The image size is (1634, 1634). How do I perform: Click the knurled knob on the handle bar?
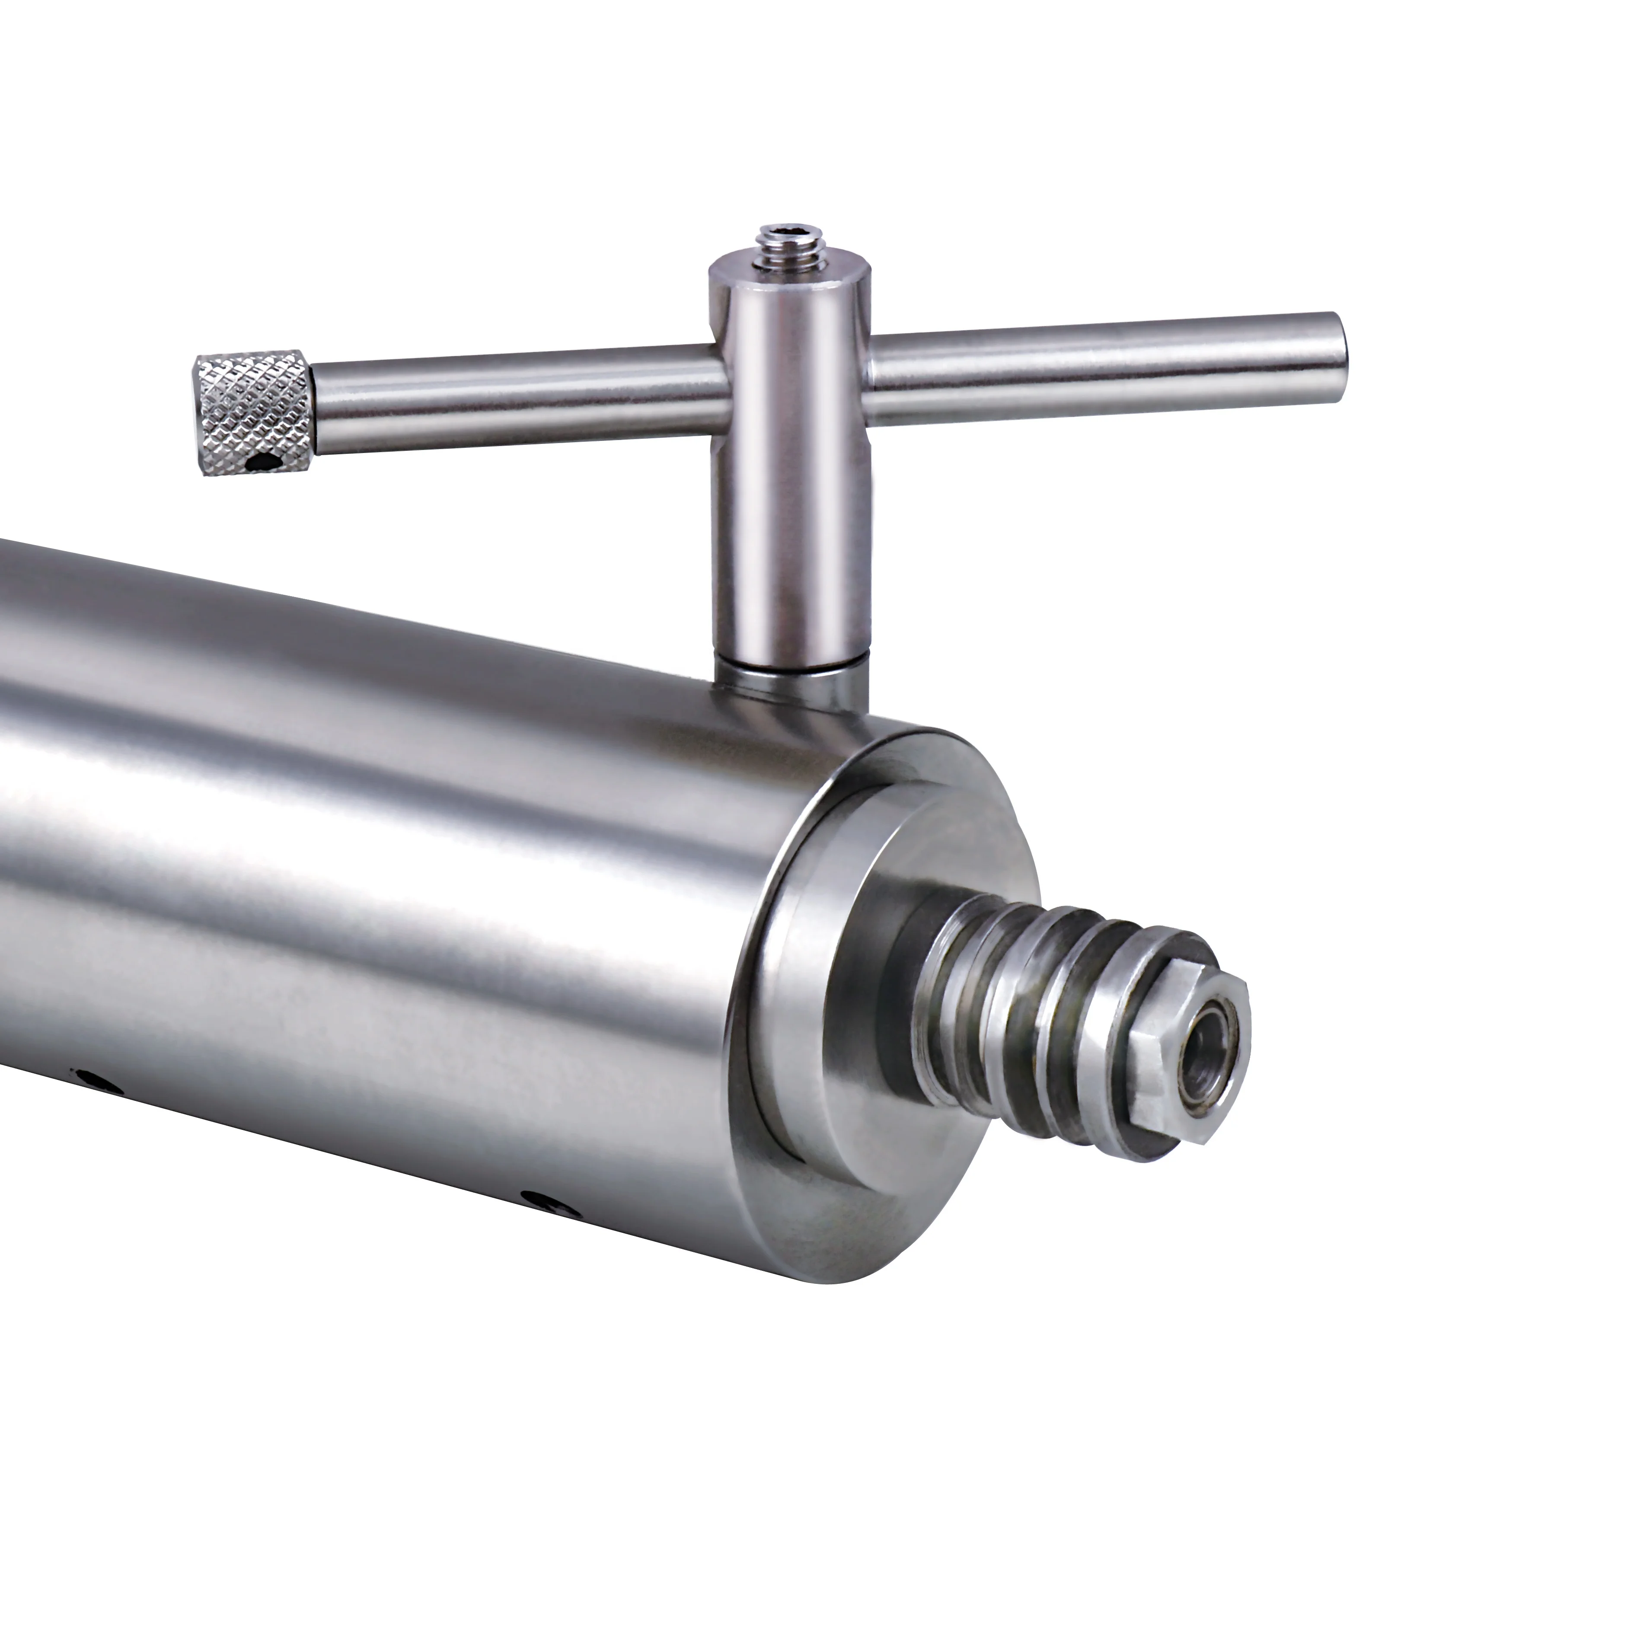(x=252, y=415)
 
